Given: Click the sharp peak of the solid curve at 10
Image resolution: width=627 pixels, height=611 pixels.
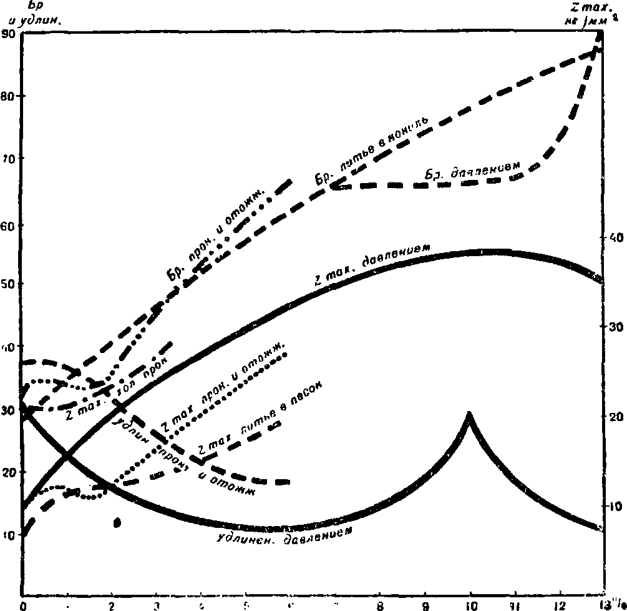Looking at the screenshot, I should [469, 414].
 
